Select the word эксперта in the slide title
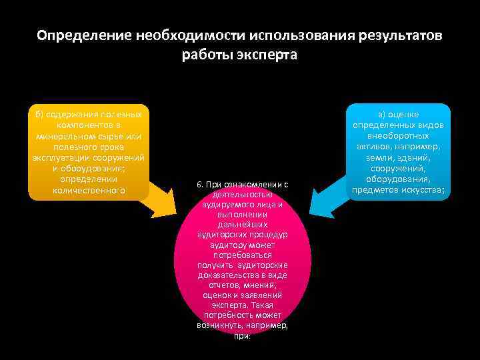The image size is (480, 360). click(269, 55)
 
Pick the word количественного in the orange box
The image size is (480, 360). click(89, 191)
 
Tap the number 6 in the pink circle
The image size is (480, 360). click(200, 184)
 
